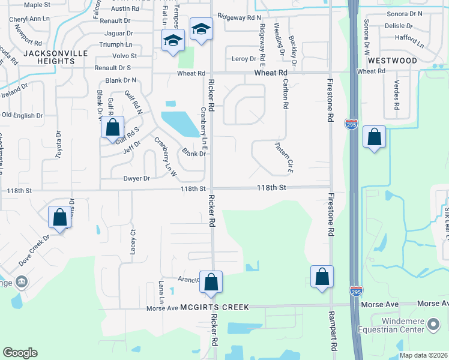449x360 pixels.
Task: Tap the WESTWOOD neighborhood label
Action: [393, 61]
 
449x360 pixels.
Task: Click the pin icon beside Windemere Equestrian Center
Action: [433, 325]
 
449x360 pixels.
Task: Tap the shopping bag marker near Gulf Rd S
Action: [112, 127]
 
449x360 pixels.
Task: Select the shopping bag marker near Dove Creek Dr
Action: [60, 217]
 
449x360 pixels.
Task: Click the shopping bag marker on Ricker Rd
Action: [211, 282]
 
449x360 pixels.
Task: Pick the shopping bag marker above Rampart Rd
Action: [322, 277]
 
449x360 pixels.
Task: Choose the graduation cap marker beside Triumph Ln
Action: [173, 41]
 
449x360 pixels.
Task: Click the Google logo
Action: [20, 353]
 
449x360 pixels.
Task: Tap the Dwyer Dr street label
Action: [136, 179]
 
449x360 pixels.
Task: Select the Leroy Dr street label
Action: [244, 58]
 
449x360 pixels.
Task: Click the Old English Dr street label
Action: [23, 115]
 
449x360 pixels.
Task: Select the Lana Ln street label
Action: [161, 290]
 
